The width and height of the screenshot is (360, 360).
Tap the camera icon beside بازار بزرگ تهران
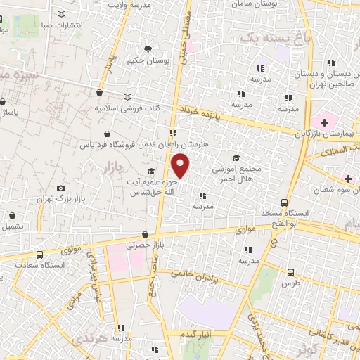click(x=61, y=188)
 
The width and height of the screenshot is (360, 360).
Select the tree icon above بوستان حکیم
click(x=148, y=49)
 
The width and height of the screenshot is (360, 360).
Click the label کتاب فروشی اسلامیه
click(x=137, y=109)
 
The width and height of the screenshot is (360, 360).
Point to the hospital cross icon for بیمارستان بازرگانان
click(x=323, y=122)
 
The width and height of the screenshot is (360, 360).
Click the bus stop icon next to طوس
click(x=290, y=271)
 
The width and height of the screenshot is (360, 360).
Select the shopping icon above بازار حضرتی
click(x=145, y=235)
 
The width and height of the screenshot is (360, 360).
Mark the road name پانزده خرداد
click(x=200, y=112)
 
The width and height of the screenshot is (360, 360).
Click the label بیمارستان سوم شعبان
click(x=329, y=190)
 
